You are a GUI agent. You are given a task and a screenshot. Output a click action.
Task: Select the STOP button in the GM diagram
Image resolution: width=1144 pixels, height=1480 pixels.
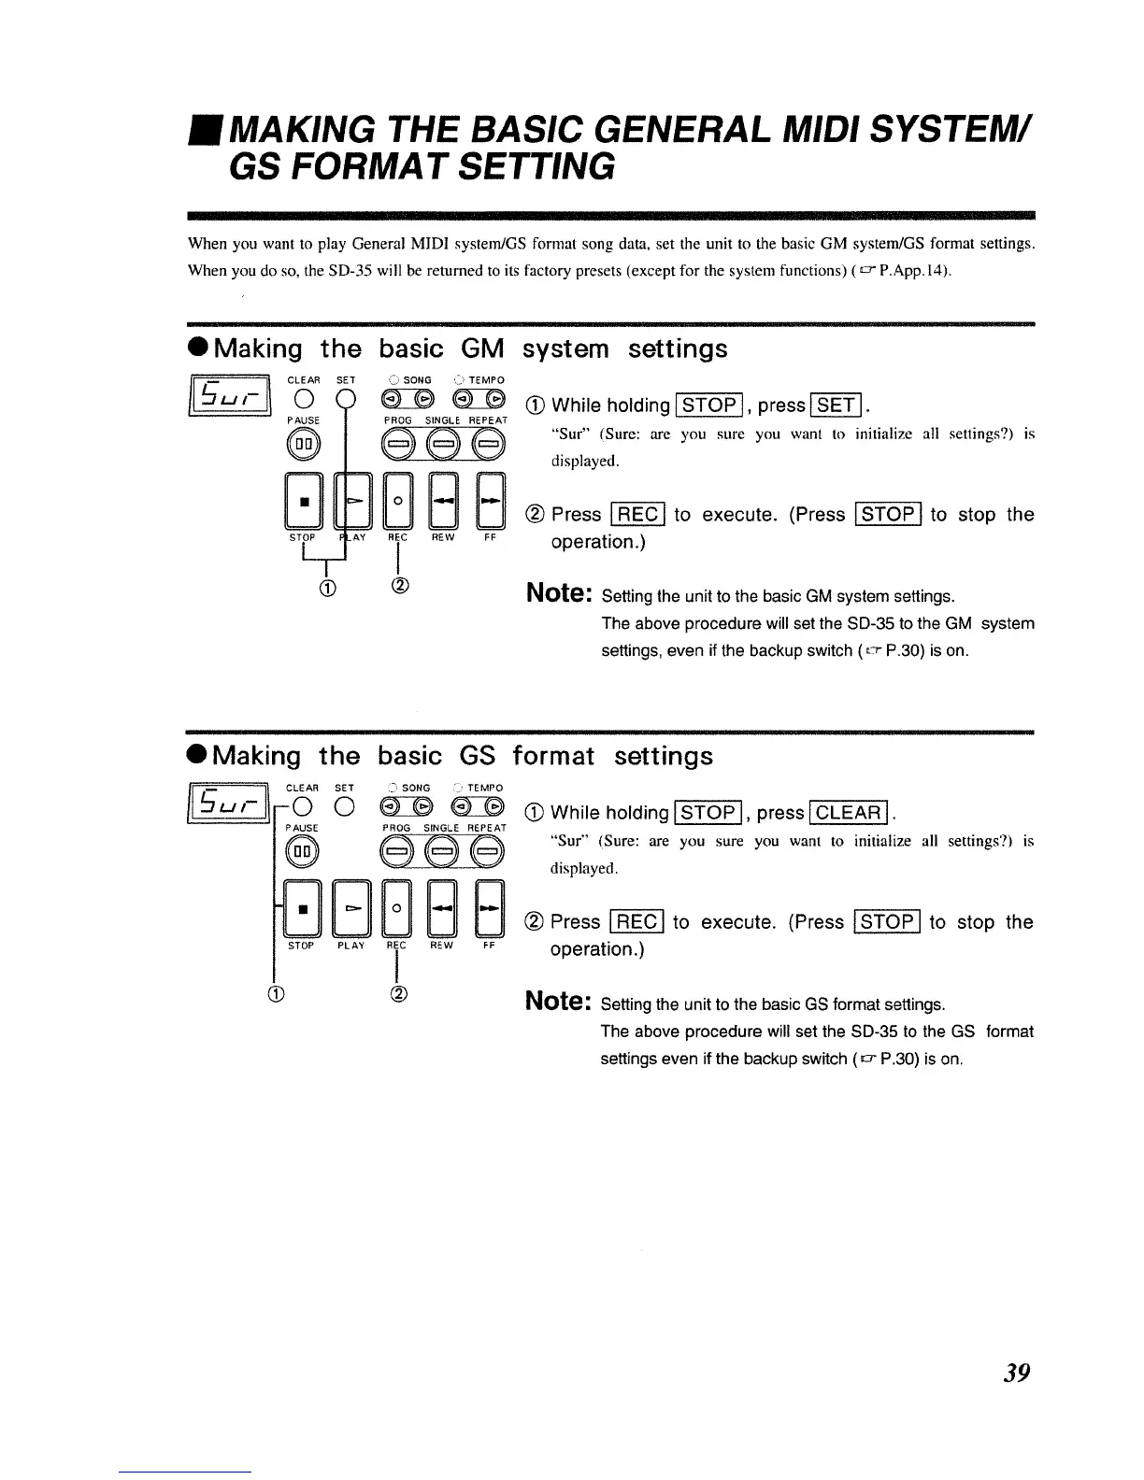point(302,502)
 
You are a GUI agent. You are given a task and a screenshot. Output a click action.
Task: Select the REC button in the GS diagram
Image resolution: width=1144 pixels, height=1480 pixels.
point(397,908)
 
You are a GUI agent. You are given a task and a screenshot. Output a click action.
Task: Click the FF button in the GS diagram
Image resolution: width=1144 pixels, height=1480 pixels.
point(489,908)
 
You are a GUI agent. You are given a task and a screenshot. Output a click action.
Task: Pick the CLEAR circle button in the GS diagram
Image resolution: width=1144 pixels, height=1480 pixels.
point(304,808)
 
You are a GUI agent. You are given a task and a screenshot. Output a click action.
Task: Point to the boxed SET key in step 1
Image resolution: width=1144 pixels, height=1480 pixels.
point(838,406)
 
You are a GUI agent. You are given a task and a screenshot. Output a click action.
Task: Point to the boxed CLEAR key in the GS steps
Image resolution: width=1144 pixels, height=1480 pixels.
point(850,813)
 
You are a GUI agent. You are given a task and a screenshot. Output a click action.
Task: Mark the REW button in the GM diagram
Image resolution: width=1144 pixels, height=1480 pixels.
point(443,502)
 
